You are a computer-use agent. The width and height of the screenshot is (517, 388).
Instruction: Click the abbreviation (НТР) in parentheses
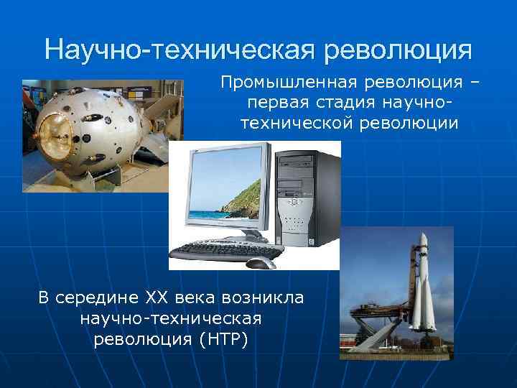tap(222, 338)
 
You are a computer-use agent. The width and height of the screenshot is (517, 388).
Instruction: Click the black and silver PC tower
tap(309, 194)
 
